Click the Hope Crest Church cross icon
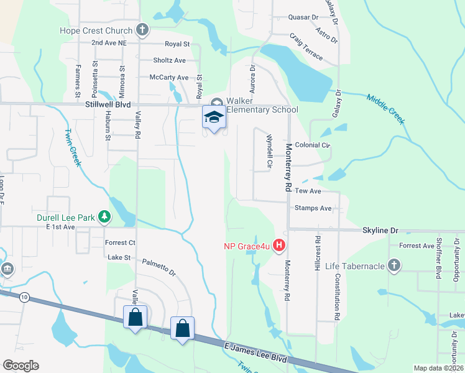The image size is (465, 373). point(142,30)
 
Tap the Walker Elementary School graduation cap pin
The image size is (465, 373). point(213,117)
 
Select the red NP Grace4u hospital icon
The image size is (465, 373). point(279,246)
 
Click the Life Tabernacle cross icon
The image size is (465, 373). point(393,266)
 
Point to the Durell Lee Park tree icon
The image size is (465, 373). point(106,216)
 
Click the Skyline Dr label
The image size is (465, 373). point(380,230)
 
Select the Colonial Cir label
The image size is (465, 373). point(312,145)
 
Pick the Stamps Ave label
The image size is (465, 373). point(313,208)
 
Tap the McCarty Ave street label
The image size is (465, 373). point(169,77)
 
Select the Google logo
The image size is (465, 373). point(21,366)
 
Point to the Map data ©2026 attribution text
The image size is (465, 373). point(438,368)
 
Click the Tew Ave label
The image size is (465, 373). point(308,191)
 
